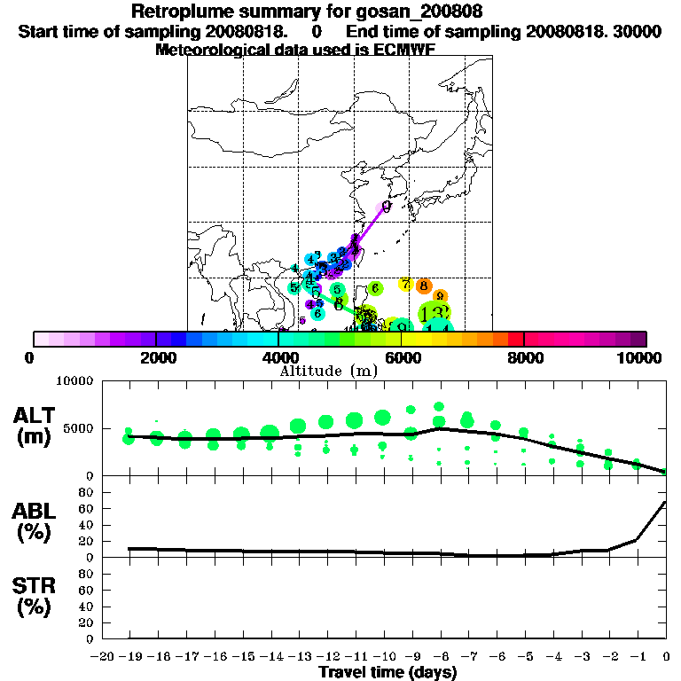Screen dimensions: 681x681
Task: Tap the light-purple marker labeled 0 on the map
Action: pos(386,207)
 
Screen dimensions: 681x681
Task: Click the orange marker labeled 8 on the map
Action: pos(424,286)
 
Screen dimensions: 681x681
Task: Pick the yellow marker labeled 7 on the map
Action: pos(405,284)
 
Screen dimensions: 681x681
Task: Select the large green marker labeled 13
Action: pos(434,313)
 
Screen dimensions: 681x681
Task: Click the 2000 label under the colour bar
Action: pos(156,357)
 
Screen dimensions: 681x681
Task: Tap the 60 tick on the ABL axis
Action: pos(87,508)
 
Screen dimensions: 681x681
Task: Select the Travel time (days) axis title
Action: pos(387,672)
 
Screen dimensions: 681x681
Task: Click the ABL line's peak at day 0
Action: pos(666,502)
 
